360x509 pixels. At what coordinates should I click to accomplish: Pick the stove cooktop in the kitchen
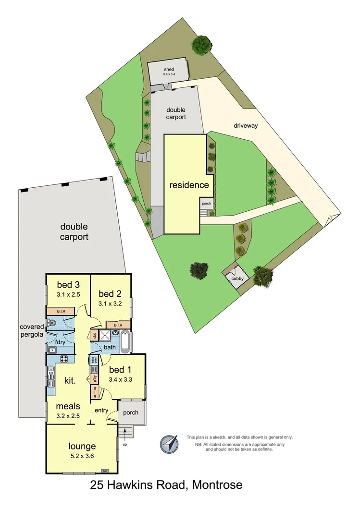[63, 358]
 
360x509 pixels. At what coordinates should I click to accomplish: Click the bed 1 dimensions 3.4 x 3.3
[121, 379]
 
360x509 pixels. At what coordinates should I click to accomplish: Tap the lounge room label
[82, 446]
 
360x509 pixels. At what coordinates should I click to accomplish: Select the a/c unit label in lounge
[104, 470]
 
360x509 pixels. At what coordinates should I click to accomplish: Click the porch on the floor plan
[131, 412]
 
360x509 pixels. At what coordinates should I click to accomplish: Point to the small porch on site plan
[206, 203]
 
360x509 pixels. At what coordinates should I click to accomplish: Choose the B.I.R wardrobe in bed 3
[61, 311]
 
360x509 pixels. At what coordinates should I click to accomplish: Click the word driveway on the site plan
[246, 126]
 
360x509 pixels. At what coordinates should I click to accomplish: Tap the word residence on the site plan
[189, 185]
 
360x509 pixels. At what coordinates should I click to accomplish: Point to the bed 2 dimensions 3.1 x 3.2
[111, 304]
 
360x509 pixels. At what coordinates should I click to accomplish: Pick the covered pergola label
[32, 330]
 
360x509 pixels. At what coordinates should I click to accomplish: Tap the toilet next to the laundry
[52, 324]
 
